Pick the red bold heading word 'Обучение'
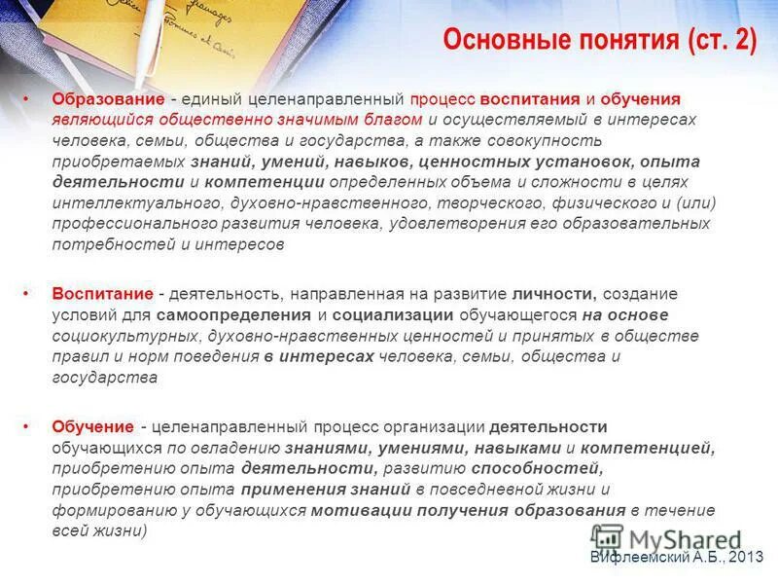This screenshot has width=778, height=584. pyautogui.click(x=92, y=426)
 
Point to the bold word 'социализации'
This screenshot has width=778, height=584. pyautogui.click(x=394, y=315)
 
